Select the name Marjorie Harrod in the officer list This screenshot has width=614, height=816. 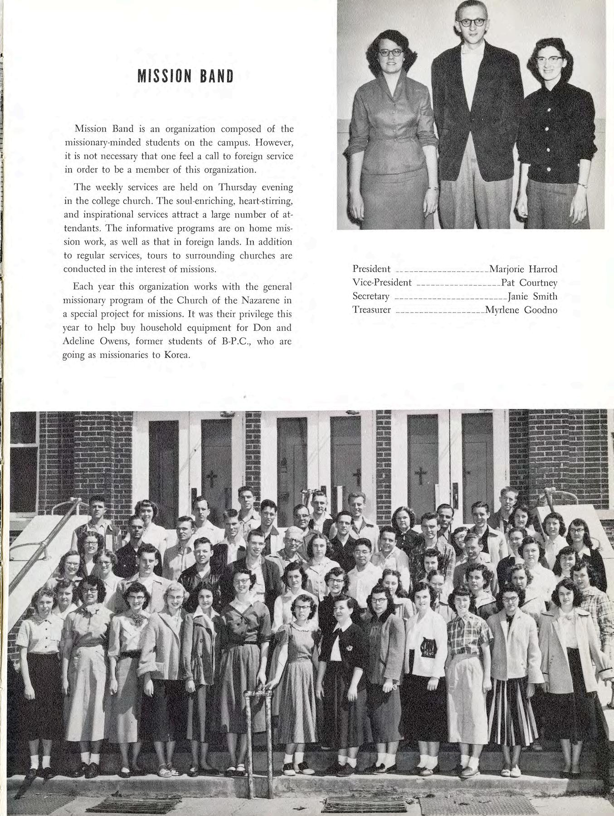coord(523,269)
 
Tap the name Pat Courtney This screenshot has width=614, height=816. coord(529,283)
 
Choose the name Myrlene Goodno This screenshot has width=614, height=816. coord(521,311)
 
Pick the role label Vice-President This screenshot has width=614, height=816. coord(382,283)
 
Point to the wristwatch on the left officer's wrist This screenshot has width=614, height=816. coord(435,188)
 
